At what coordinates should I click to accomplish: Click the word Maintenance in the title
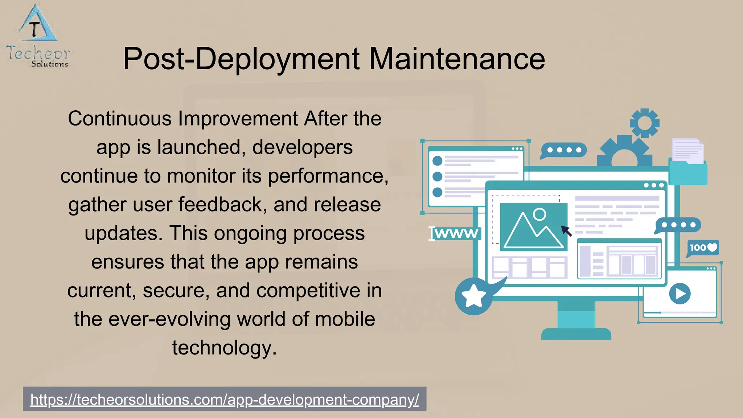point(457,59)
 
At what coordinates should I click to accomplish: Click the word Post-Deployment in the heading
point(241,59)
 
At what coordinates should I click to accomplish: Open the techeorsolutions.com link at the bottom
point(225,399)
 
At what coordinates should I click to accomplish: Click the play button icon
point(680,294)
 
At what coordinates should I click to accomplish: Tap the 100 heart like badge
point(703,248)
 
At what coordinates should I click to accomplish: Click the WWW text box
point(456,233)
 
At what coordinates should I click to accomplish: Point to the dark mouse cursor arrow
point(566,231)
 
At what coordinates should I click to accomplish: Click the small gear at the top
point(645,123)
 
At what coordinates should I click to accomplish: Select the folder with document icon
point(688,163)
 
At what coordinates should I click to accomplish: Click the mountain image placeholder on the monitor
point(533,227)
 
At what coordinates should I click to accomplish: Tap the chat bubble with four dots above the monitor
point(563,150)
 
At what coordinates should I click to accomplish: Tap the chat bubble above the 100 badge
point(678,225)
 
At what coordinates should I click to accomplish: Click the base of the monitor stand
point(576,334)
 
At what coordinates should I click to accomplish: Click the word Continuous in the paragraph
point(120,119)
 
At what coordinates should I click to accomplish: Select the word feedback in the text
point(222,205)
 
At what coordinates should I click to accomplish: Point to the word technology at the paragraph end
point(224,348)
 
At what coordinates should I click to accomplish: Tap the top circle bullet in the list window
point(438,160)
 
